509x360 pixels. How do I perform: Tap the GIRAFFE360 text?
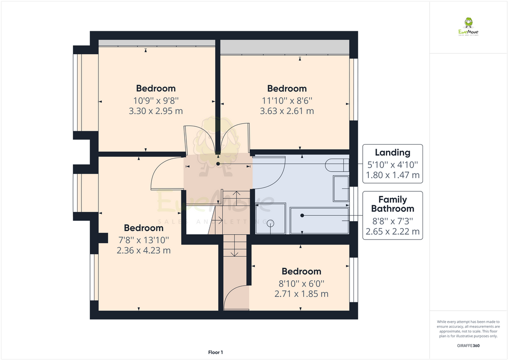click(468, 345)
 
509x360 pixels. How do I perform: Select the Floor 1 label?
click(215, 352)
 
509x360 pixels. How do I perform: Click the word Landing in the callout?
click(392, 153)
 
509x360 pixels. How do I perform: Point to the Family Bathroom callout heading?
click(392, 204)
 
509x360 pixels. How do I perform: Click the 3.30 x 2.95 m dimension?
click(156, 111)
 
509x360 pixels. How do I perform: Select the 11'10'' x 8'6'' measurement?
click(287, 100)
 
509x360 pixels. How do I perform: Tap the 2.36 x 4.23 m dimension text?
click(144, 251)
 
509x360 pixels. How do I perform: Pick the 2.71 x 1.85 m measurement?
click(301, 294)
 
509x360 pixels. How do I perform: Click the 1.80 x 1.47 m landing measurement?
click(392, 175)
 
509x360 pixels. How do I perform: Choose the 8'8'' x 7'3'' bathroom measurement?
click(392, 220)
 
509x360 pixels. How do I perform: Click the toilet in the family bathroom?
click(337, 165)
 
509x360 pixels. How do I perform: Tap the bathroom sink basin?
click(341, 188)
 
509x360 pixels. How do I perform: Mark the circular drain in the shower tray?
click(271, 223)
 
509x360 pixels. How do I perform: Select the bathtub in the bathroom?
click(320, 221)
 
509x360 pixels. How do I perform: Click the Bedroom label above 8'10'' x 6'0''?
click(301, 271)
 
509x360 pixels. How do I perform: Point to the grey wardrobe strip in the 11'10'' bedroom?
click(284, 48)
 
